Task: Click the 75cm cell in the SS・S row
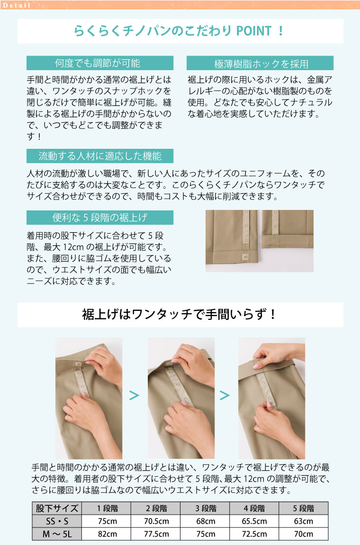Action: (x=107, y=521)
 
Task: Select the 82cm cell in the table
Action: (x=107, y=534)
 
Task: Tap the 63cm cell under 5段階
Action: (x=303, y=521)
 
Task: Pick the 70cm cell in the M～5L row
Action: (x=303, y=534)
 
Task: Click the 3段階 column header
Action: (x=206, y=508)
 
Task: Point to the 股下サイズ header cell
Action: (x=57, y=508)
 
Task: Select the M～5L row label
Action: (x=57, y=534)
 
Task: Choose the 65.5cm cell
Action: (x=254, y=521)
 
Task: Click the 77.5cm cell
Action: (x=156, y=534)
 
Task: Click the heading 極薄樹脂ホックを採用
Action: (x=260, y=63)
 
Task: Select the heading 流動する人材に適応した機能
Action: (x=100, y=156)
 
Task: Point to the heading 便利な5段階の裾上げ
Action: (x=100, y=218)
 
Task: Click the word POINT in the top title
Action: (x=254, y=31)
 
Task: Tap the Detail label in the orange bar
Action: (x=16, y=5)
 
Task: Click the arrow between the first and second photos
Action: (x=135, y=395)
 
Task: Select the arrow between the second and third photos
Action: (x=225, y=395)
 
